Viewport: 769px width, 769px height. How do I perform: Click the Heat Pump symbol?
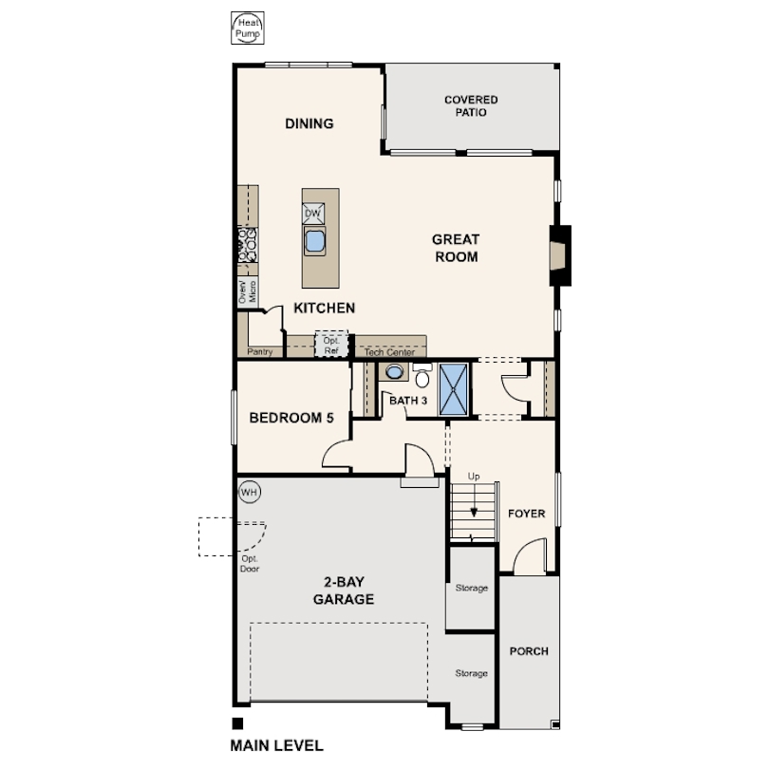248,28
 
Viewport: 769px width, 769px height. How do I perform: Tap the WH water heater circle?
249,492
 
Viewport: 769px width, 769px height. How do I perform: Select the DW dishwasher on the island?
313,214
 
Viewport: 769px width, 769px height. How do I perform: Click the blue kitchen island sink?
314,240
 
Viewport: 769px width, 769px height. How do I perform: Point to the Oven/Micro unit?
248,291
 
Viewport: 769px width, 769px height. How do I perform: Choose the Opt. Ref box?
331,346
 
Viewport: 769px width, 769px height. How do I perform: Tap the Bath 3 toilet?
422,375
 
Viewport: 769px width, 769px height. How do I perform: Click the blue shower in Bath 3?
454,390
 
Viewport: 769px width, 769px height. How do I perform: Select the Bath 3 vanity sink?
394,372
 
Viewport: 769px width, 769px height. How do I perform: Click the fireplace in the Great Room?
560,255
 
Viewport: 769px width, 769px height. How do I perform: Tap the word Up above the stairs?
474,477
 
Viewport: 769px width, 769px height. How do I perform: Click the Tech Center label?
389,352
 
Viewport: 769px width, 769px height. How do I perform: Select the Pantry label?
260,351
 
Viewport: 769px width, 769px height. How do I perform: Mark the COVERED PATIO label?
471,106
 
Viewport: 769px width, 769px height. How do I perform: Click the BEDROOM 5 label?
291,418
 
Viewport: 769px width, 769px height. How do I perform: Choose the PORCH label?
529,651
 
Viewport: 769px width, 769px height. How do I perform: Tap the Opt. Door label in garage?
250,564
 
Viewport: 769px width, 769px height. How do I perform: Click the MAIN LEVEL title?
277,746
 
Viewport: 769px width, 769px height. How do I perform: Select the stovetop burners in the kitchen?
248,245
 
